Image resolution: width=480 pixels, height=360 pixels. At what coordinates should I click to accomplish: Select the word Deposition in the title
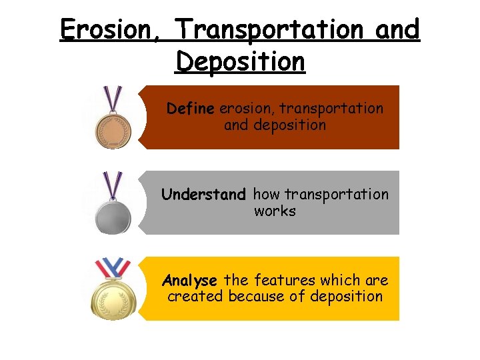click(x=240, y=62)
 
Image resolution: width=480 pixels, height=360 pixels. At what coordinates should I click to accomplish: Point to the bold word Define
click(x=191, y=108)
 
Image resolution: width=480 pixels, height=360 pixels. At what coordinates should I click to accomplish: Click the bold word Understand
click(x=204, y=195)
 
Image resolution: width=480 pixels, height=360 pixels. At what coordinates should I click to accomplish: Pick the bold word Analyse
click(x=190, y=280)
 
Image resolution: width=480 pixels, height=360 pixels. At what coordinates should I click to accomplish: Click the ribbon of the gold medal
click(x=113, y=268)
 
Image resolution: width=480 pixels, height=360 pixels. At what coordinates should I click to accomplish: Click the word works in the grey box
click(x=275, y=211)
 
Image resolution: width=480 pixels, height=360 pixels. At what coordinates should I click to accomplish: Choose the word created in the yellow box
click(x=195, y=297)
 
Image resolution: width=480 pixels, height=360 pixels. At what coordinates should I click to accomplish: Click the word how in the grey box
click(x=266, y=195)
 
